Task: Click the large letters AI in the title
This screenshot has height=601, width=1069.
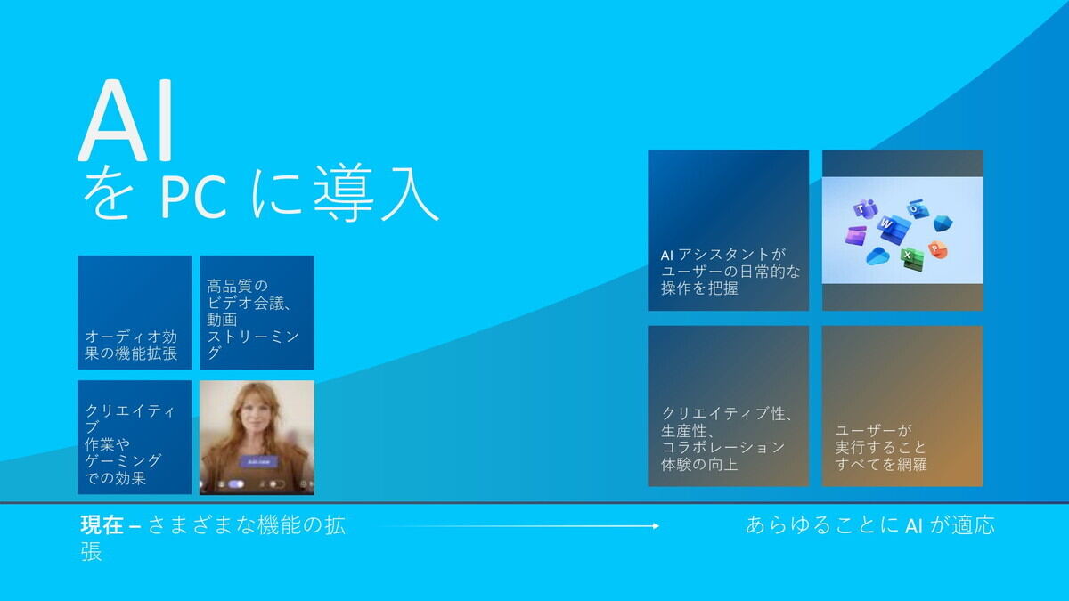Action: point(126,121)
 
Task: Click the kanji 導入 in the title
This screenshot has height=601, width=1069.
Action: point(376,192)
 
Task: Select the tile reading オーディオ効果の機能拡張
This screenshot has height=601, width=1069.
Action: point(135,313)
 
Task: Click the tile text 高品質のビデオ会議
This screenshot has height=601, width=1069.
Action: point(249,295)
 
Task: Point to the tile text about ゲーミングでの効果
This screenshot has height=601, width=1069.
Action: point(123,469)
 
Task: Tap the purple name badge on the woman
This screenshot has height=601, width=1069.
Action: point(258,461)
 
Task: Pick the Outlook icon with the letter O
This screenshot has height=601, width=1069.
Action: point(918,209)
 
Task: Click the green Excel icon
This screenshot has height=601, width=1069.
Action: point(911,258)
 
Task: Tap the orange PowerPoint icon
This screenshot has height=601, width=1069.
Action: point(937,249)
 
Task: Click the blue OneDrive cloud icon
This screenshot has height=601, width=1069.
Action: point(878,256)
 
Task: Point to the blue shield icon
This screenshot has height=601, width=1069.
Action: point(943,223)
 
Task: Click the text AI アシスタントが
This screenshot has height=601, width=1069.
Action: point(723,256)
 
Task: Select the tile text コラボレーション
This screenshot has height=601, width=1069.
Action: point(722,447)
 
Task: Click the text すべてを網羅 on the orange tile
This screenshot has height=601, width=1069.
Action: point(880,464)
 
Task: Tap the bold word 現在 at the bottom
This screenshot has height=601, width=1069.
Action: point(102,525)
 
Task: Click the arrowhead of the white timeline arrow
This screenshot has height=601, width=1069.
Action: point(657,526)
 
